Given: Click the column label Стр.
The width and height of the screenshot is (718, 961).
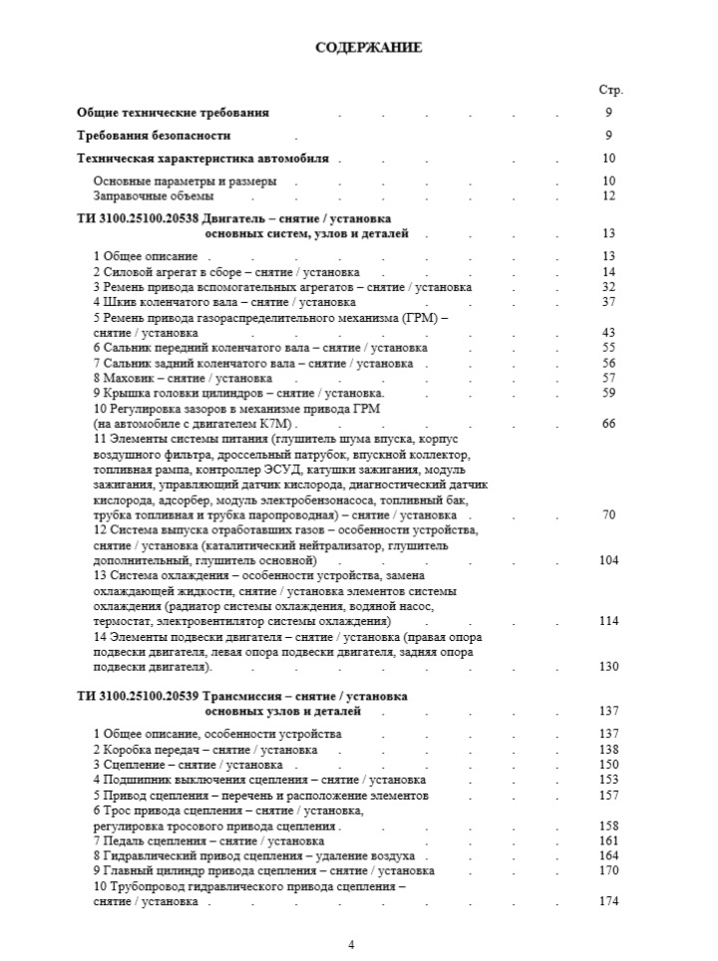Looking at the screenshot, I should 609,90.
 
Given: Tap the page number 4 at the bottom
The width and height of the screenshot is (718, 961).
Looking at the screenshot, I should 350,944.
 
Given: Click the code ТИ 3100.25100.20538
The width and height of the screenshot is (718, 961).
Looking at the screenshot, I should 138,218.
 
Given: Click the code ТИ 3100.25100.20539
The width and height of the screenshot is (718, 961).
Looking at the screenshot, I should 138,695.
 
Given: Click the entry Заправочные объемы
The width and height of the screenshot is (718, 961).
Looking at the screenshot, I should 148,196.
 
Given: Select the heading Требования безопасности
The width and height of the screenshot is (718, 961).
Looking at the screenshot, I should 155,136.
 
